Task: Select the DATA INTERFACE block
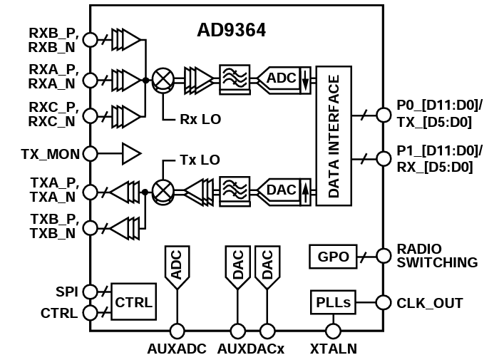click(x=334, y=135)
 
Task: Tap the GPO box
click(x=334, y=257)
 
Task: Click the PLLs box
click(x=333, y=303)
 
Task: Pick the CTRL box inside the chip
click(x=133, y=302)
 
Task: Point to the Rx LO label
click(x=200, y=118)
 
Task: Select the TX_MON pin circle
click(x=91, y=153)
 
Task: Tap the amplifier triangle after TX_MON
click(x=131, y=153)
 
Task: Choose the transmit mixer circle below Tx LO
click(x=164, y=191)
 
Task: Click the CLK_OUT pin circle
click(x=384, y=302)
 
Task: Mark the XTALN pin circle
click(x=333, y=331)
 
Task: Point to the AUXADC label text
click(x=177, y=349)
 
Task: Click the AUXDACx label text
click(x=251, y=349)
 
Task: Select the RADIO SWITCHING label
click(x=437, y=257)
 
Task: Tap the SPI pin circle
click(x=91, y=291)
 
